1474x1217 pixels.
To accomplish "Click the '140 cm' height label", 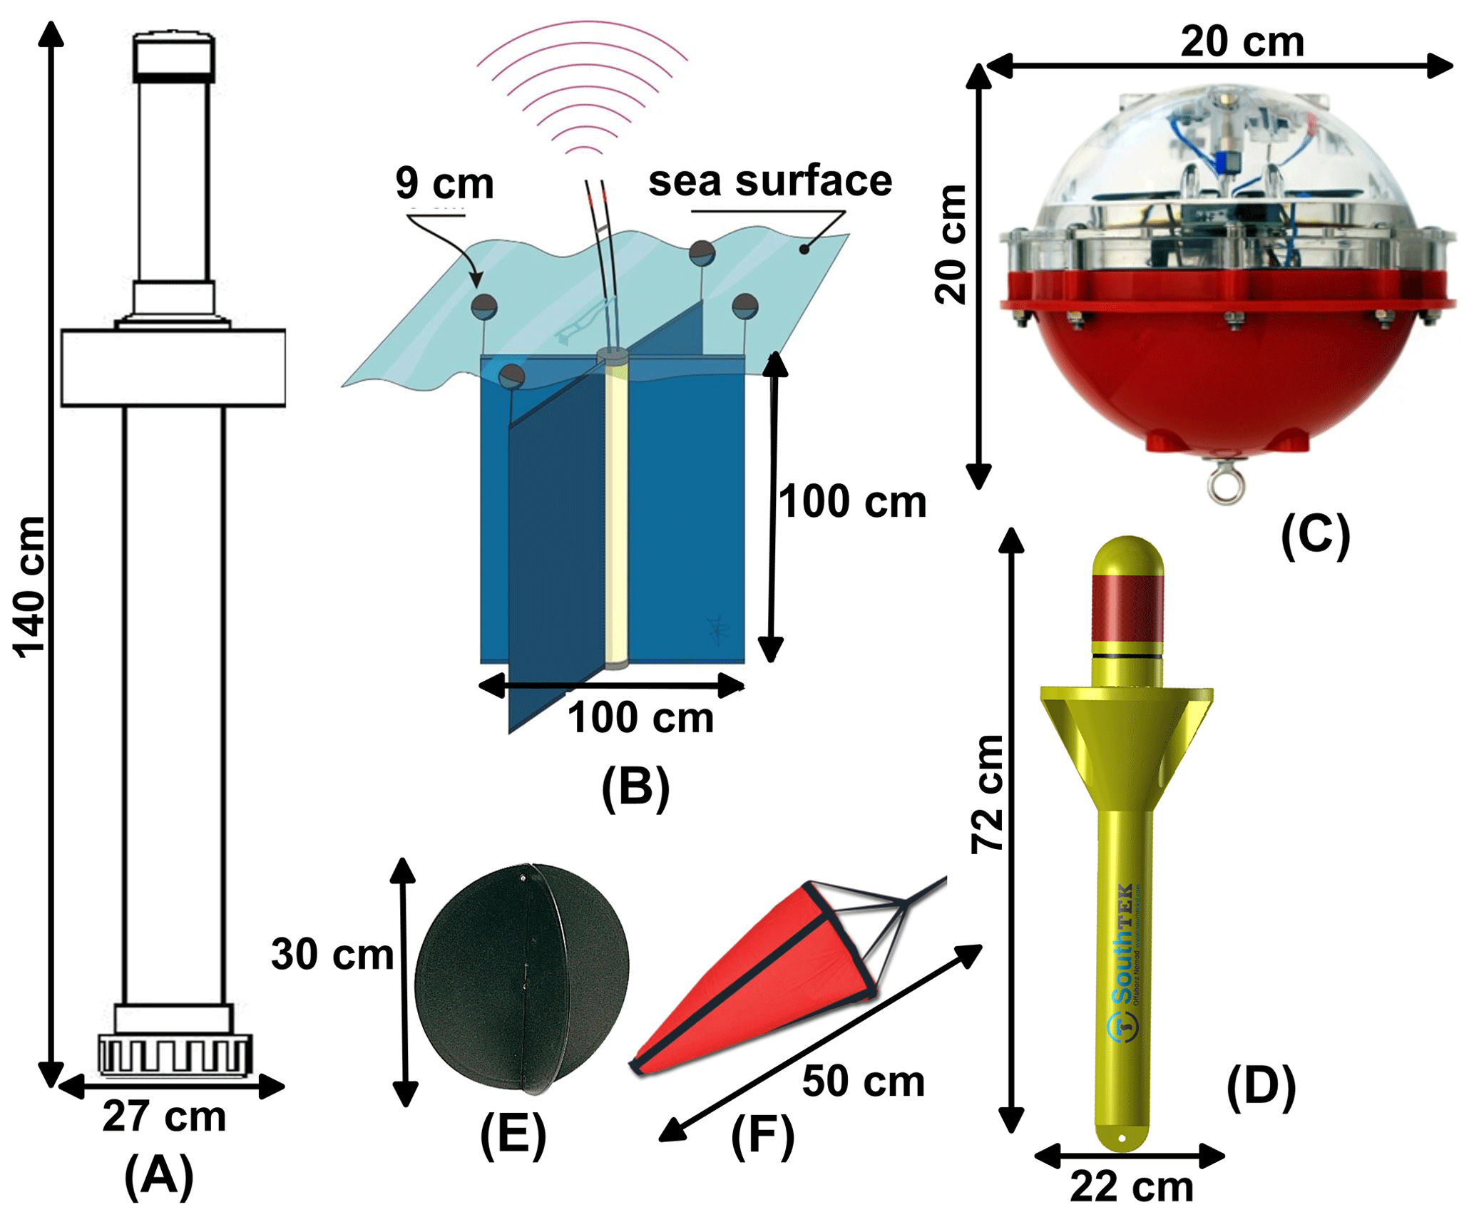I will pos(30,586).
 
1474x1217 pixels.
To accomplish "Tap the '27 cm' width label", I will pos(164,1116).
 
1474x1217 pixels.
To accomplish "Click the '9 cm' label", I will pos(444,183).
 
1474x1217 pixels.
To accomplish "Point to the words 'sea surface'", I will pos(769,181).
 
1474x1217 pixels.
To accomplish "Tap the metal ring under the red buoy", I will pos(1226,485).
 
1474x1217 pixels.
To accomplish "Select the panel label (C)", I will pos(1315,536).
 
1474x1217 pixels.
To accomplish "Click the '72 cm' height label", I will pos(988,794).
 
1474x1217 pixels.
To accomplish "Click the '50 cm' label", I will pos(863,1082).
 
